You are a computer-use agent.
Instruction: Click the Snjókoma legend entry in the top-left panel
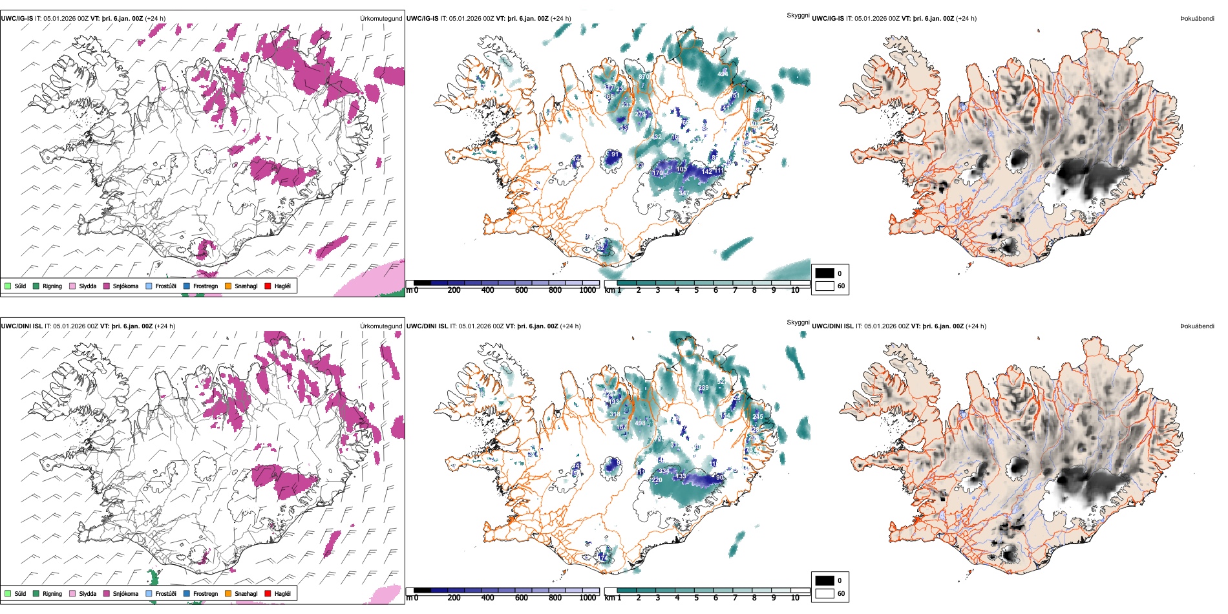coord(125,286)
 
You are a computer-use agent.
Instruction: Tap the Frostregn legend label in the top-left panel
coord(206,286)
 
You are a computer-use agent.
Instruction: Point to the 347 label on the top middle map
coord(684,193)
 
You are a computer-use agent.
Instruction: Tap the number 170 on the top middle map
coord(658,173)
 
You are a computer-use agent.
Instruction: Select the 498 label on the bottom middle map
coord(640,423)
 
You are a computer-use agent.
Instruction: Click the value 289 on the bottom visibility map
coord(703,388)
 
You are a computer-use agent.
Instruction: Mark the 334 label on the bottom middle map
coord(664,471)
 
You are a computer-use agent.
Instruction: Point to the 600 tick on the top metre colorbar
coord(522,290)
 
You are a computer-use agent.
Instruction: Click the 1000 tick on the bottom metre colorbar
coord(588,598)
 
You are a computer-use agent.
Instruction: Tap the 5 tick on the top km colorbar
coord(697,290)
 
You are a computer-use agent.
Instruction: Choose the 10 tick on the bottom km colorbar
coord(795,598)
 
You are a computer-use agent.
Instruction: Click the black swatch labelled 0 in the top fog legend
coord(825,273)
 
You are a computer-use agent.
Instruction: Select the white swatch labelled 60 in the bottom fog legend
coord(825,593)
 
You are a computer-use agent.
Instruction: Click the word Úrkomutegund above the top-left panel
coord(381,19)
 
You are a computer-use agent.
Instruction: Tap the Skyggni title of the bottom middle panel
coord(798,322)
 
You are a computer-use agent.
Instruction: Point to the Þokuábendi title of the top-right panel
coord(1197,19)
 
